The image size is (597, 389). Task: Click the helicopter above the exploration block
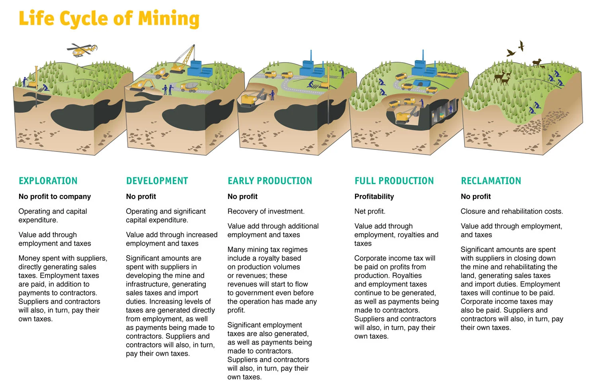coord(82,49)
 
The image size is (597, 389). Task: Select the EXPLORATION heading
coord(48,181)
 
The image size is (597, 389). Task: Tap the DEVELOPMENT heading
coord(157,181)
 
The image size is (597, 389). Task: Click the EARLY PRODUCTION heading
coord(269,181)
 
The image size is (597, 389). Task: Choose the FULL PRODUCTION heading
coord(394,181)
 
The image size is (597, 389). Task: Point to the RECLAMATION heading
coord(491,181)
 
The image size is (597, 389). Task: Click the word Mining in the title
coord(169,19)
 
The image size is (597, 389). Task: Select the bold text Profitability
coord(374,196)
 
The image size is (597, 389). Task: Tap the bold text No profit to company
coord(55,196)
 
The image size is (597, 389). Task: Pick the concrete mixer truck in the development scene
coord(189,86)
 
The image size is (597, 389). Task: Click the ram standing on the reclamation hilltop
coord(537,63)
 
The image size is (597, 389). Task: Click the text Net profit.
coord(370,211)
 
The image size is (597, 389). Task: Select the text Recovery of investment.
coord(266,211)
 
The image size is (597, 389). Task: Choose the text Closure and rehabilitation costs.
coord(511,211)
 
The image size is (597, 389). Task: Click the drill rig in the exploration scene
coord(36,80)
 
